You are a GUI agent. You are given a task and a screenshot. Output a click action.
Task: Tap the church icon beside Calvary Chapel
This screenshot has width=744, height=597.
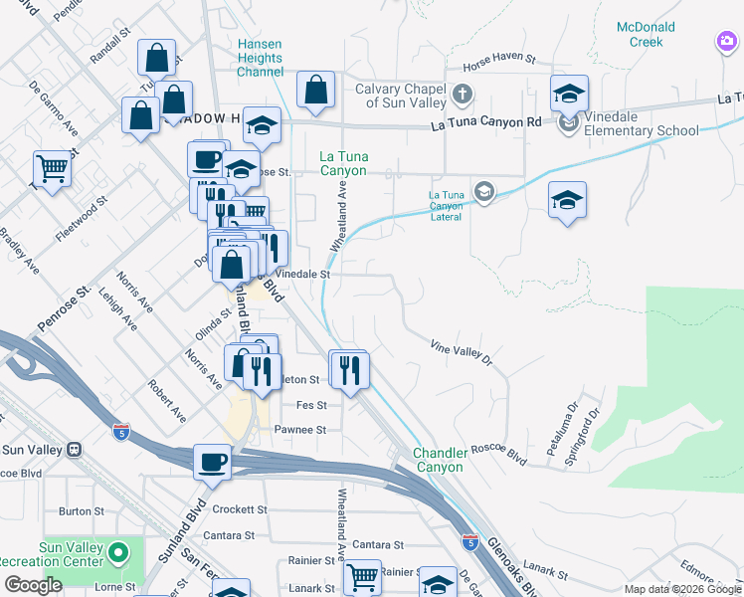[461, 96]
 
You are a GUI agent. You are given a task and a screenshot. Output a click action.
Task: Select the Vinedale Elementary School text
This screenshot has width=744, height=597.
[642, 130]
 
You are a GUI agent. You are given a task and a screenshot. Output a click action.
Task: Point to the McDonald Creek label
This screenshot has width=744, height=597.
[652, 35]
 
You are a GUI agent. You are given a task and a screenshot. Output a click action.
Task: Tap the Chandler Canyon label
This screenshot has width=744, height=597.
[439, 461]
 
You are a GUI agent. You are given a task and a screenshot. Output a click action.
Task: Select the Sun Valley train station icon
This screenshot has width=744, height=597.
[74, 449]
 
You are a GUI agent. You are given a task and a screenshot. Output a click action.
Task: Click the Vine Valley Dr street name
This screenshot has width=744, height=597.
[462, 350]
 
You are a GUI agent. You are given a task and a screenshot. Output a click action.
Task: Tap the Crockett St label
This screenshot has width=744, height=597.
[239, 509]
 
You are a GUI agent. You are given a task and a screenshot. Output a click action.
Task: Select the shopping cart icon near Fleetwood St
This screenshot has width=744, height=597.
[52, 168]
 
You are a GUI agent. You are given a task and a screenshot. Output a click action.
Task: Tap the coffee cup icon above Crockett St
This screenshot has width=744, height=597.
[211, 461]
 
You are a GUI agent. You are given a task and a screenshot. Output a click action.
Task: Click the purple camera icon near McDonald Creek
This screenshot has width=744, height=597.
[727, 42]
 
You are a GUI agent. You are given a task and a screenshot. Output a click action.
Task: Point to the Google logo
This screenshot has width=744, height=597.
[33, 585]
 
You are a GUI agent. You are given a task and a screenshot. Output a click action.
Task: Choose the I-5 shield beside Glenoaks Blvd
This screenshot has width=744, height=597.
[469, 543]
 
